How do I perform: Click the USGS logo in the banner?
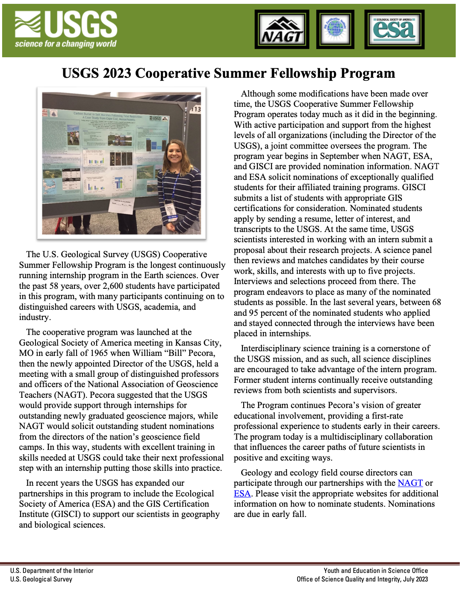[66, 29]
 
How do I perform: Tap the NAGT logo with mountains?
[282, 29]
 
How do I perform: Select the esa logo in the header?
[394, 29]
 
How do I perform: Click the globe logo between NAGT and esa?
[336, 29]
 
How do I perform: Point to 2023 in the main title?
[117, 73]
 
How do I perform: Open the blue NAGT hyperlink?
[410, 483]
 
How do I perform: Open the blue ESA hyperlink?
[242, 493]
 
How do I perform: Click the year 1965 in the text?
[99, 353]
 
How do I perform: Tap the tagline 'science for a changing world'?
[65, 44]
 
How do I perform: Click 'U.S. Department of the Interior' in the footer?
[52, 571]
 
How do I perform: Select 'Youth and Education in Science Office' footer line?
[375, 571]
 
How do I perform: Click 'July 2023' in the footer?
[416, 579]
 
